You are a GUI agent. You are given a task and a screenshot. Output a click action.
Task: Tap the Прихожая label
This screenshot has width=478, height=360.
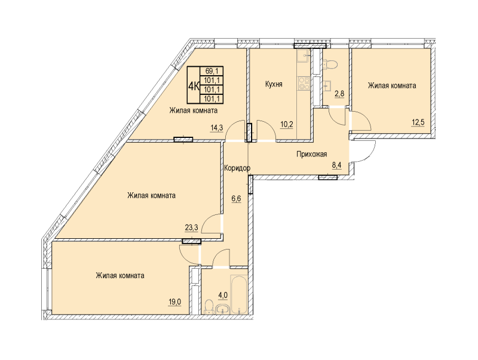312,154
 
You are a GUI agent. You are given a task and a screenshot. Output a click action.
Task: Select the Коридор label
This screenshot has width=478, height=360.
237,168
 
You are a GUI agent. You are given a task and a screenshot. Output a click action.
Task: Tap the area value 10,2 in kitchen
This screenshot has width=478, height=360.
287,125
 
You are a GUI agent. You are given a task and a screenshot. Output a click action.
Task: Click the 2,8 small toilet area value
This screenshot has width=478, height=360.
338,93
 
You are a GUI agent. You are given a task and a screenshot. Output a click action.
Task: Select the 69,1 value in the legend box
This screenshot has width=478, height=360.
212,70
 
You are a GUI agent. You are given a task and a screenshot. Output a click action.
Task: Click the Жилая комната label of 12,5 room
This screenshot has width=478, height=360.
391,86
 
